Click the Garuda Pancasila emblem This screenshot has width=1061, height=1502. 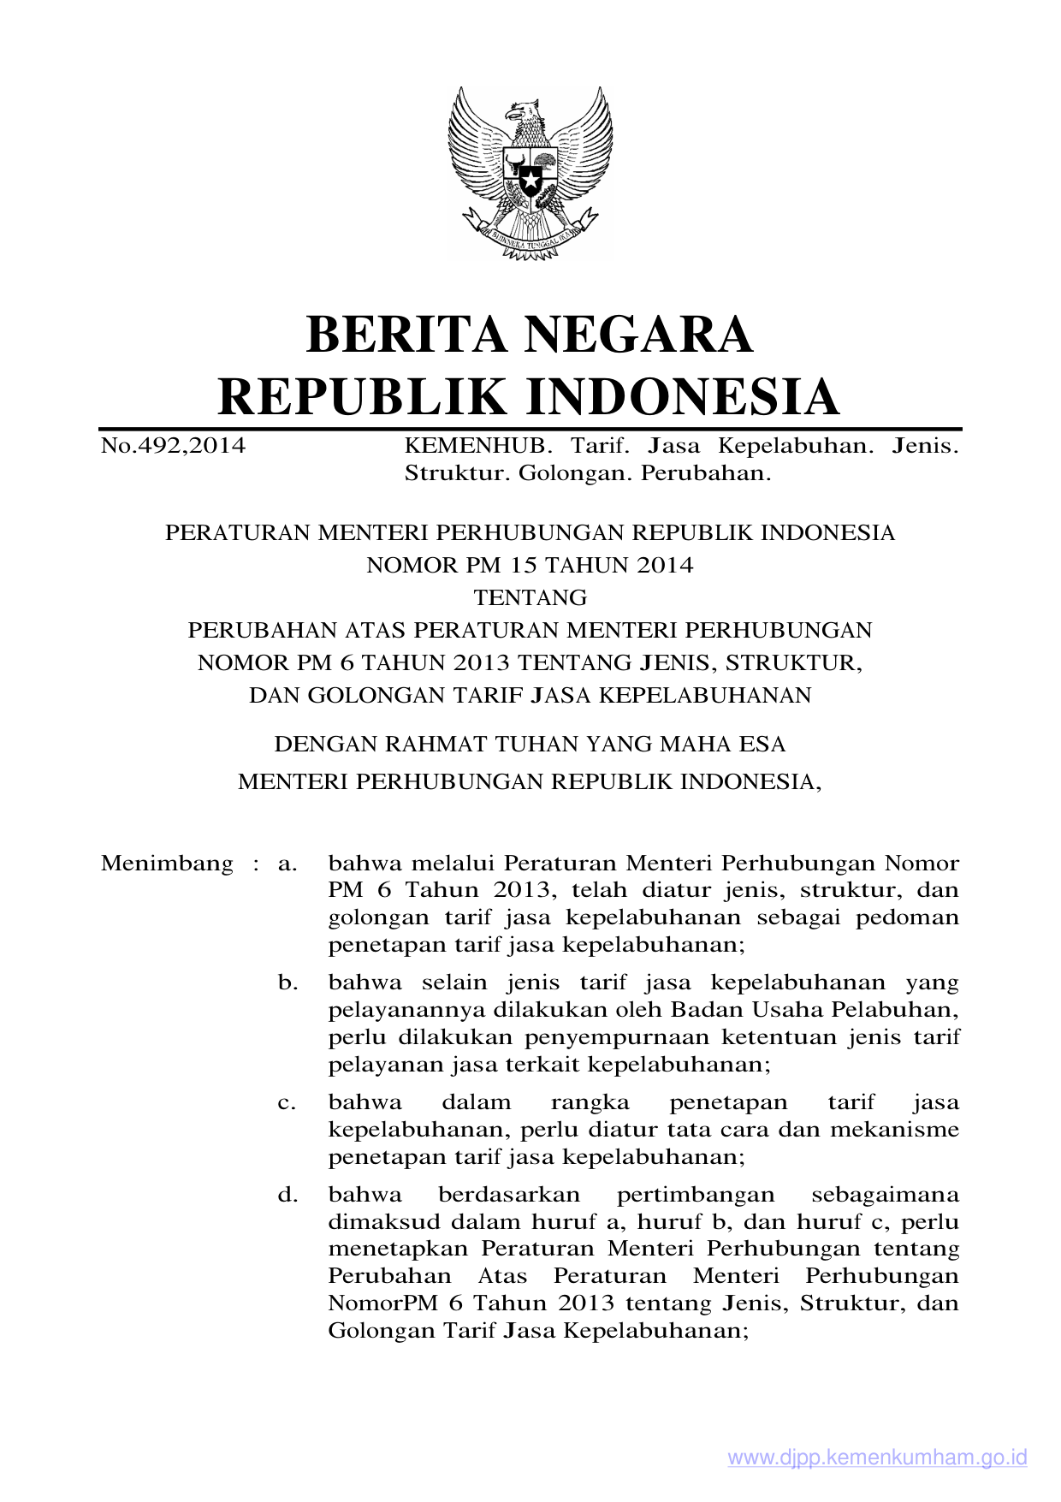(x=530, y=171)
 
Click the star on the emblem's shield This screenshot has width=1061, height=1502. (x=530, y=182)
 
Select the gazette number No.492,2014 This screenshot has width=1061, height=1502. (x=173, y=446)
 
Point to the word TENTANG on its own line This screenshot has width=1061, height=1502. (x=530, y=597)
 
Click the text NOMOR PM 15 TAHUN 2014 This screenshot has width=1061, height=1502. (x=530, y=565)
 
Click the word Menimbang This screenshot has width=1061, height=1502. (x=167, y=863)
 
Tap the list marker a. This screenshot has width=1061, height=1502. (x=287, y=863)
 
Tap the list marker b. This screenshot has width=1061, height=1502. (x=287, y=983)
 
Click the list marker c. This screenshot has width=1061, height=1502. (x=287, y=1102)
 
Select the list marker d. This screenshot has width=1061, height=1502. (x=287, y=1194)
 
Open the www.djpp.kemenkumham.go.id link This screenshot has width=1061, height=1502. (x=877, y=1457)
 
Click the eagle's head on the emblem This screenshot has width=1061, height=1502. (x=521, y=112)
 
